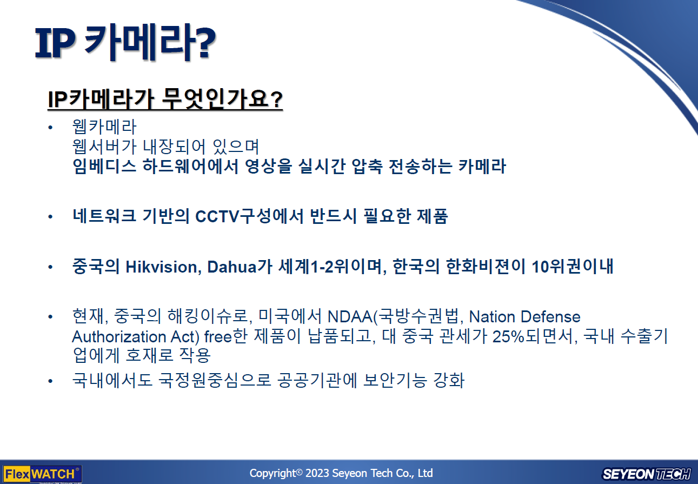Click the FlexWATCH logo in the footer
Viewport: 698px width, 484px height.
tap(42, 474)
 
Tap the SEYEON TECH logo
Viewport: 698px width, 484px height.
tap(646, 474)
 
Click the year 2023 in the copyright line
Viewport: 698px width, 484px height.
tap(317, 473)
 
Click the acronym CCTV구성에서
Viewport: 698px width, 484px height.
tap(249, 216)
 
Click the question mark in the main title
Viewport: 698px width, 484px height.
tap(205, 43)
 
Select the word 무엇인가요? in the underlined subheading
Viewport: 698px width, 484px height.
tap(222, 99)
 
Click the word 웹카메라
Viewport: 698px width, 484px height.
tap(104, 127)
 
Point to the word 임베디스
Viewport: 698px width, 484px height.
tap(104, 166)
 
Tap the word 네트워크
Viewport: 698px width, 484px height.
tap(104, 216)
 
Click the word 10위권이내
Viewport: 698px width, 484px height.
tap(573, 267)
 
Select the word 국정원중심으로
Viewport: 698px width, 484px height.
tap(215, 380)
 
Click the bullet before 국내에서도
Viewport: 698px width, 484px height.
tap(50, 381)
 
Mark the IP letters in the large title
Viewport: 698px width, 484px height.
tap(55, 43)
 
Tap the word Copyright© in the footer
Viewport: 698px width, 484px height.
tap(276, 473)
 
